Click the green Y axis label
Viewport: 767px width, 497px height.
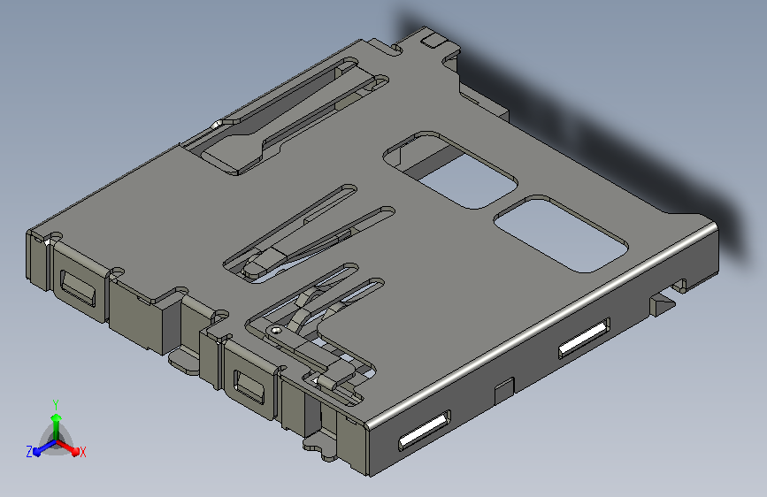56,404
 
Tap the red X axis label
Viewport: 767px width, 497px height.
82,453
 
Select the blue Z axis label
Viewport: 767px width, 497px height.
29,452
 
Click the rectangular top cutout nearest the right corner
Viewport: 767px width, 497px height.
561,233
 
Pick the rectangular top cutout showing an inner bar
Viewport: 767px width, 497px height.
450,170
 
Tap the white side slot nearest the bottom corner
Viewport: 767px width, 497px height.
424,430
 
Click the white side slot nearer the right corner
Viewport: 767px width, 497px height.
584,338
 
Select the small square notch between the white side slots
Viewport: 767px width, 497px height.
504,390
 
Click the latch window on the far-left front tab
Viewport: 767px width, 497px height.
77,287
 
